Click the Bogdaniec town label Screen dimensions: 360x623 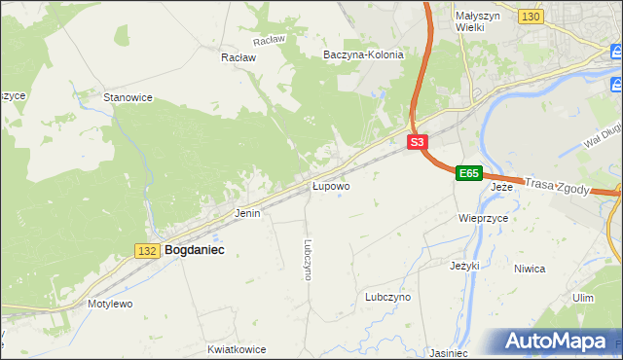(195, 250)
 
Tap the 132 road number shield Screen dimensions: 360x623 (147, 251)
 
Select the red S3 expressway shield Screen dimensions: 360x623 (417, 142)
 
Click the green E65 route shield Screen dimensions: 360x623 (469, 173)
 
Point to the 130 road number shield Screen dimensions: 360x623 (531, 18)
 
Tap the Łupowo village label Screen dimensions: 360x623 (331, 185)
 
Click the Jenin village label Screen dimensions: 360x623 (247, 213)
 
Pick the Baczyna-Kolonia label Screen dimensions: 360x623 (363, 55)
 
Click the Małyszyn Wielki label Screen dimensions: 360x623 (477, 22)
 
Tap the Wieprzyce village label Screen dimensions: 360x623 (484, 219)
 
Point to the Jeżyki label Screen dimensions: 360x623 (466, 266)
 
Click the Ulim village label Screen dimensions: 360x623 (583, 298)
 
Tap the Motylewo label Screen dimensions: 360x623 (110, 304)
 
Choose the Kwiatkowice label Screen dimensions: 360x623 (237, 347)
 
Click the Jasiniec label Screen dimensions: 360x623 (449, 352)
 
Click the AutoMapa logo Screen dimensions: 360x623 (558, 342)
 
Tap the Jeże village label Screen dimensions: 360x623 (501, 186)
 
